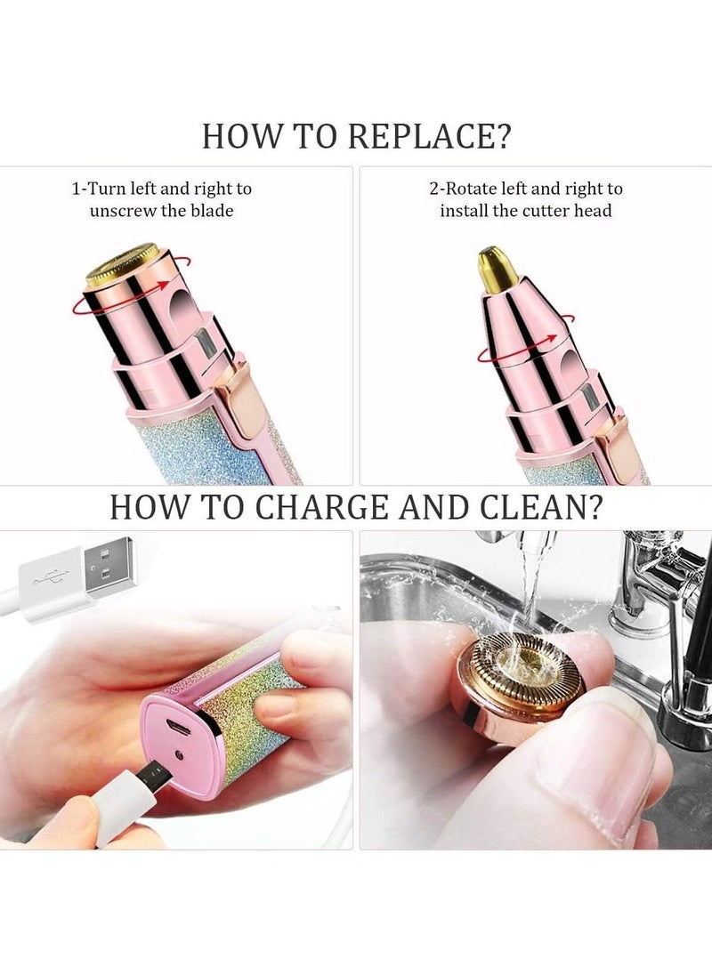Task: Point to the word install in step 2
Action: click(x=465, y=211)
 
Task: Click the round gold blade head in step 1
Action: click(x=122, y=263)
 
